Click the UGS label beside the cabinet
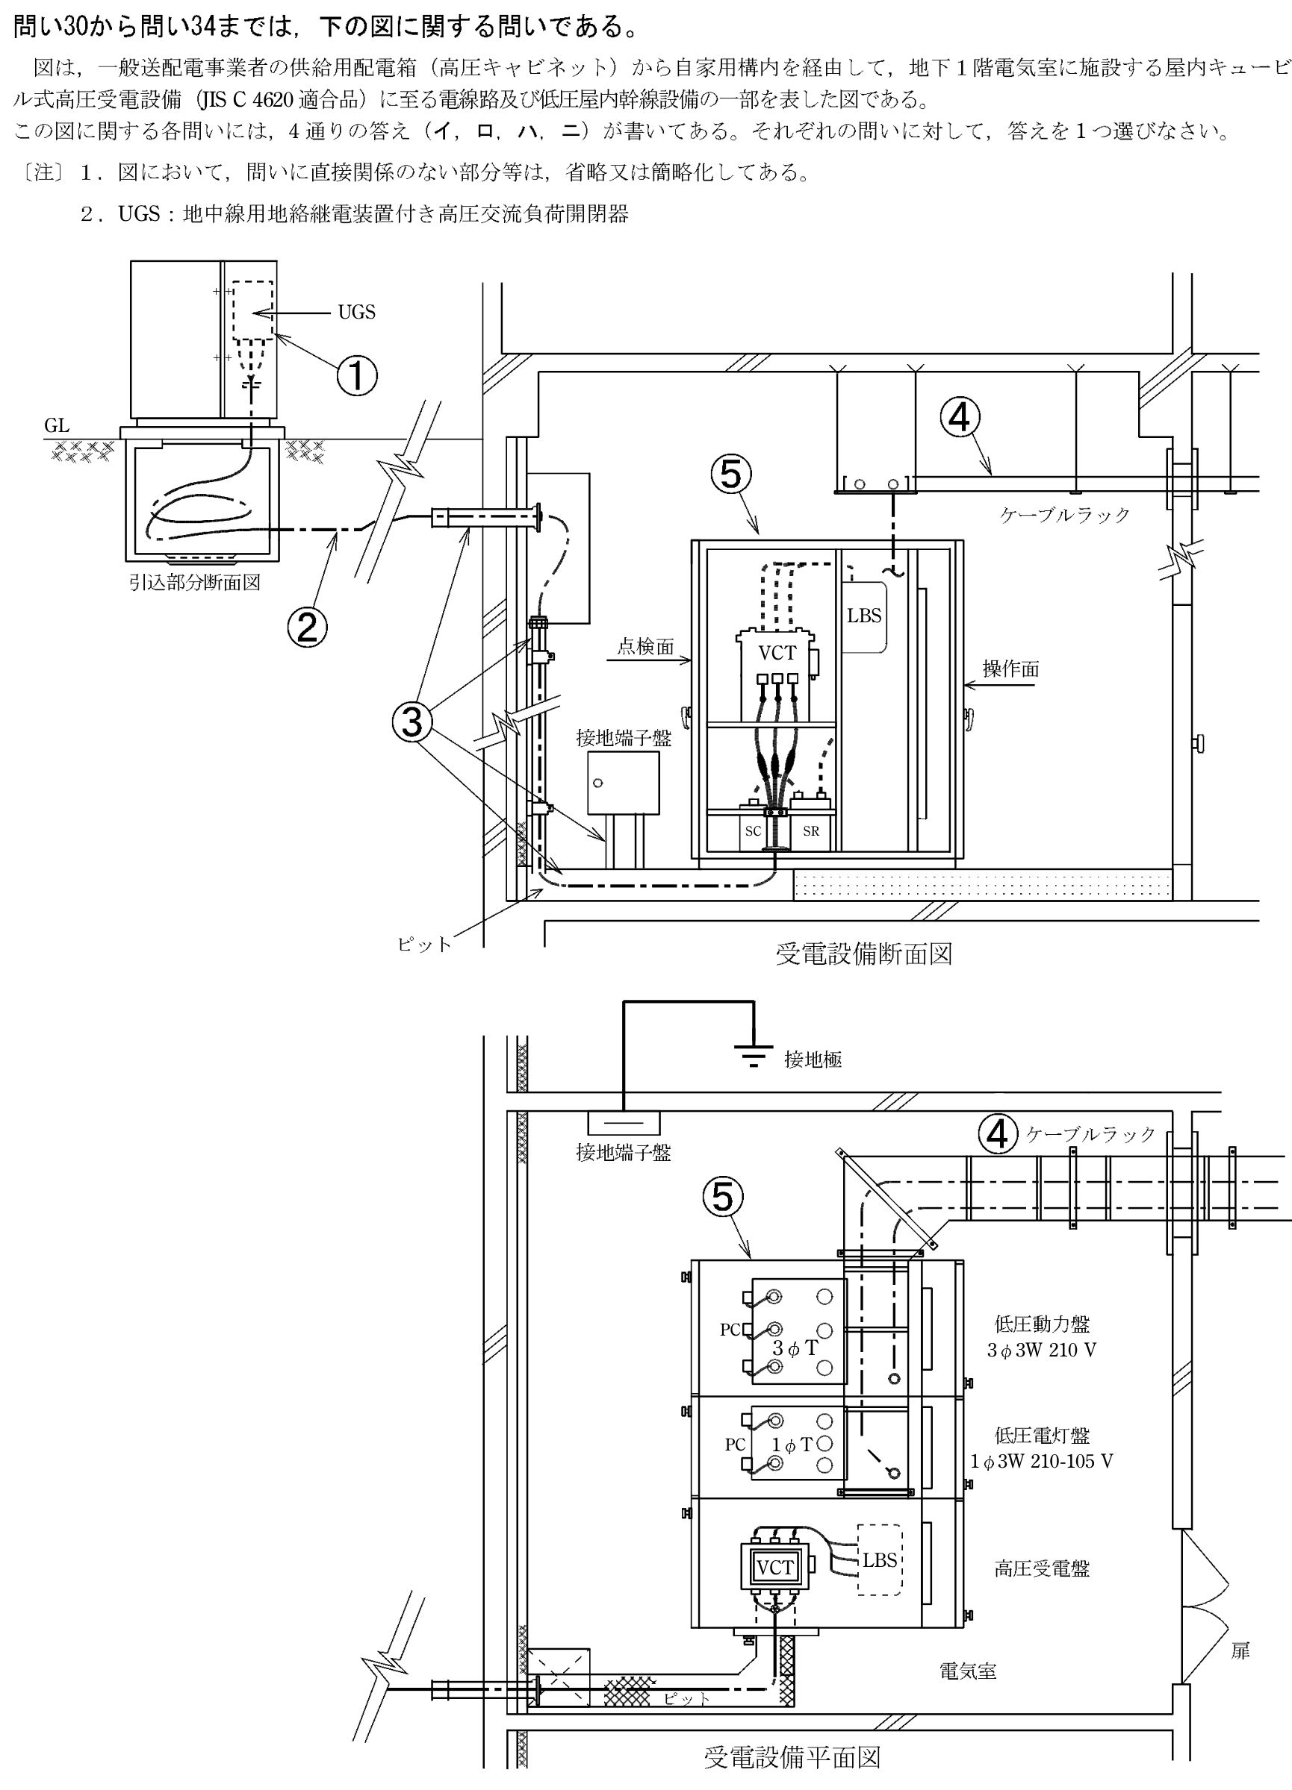point(356,313)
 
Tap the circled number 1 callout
point(357,375)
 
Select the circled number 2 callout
point(307,628)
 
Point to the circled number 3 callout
point(412,722)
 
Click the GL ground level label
point(57,426)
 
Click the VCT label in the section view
point(777,653)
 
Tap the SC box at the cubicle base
point(753,831)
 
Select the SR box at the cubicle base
point(810,831)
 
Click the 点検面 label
point(646,647)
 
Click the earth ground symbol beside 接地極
point(755,1055)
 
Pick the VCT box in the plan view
point(774,1568)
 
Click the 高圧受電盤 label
point(1042,1569)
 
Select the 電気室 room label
point(967,1671)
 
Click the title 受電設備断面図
point(864,954)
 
